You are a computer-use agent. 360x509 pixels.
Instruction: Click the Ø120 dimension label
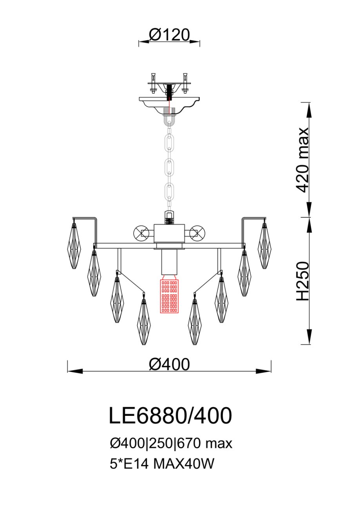[x=169, y=35]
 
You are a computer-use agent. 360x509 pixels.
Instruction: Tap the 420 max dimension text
[x=302, y=160]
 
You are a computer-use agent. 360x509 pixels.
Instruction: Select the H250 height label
[x=303, y=282]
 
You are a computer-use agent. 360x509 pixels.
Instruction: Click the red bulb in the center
[x=169, y=296]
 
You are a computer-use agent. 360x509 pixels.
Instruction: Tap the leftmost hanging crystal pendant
[x=74, y=245]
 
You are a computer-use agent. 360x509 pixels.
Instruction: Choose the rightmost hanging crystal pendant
[x=264, y=245]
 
